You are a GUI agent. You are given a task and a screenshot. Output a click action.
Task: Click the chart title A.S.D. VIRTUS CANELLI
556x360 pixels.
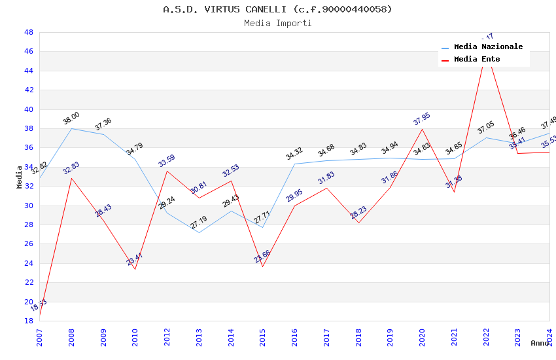(277, 9)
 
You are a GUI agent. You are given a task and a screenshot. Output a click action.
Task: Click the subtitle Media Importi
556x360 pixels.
(277, 24)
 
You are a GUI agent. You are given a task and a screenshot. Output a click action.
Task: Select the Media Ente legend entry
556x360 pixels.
(477, 60)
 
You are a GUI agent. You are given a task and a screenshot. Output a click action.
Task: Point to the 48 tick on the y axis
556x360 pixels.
(28, 32)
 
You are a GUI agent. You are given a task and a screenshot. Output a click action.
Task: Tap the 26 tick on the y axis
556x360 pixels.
(28, 244)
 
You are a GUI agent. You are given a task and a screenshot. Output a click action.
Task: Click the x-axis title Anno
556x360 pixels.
(540, 343)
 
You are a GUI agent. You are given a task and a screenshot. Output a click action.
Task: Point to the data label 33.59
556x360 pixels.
(167, 161)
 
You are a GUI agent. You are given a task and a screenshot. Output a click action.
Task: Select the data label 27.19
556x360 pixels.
(199, 223)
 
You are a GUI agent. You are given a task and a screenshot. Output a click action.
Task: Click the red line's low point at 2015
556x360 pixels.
(263, 266)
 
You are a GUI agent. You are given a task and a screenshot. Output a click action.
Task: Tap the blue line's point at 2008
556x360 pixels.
(71, 128)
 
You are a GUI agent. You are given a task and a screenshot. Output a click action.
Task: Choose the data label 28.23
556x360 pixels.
(358, 213)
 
